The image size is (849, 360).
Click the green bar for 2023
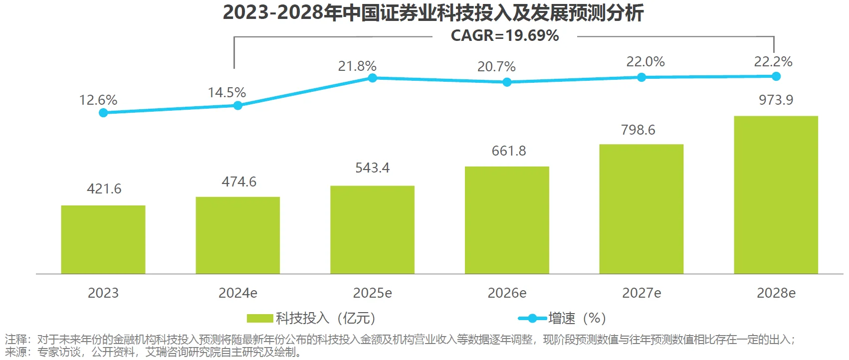(x=103, y=239)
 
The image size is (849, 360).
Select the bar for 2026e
(x=507, y=220)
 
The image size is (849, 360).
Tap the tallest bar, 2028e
(x=776, y=195)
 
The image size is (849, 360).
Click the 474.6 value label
(x=239, y=182)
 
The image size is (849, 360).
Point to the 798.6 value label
(x=638, y=130)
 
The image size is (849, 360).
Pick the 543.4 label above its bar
(x=372, y=168)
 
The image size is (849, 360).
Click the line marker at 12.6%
(x=103, y=113)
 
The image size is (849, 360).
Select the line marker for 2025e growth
(x=373, y=78)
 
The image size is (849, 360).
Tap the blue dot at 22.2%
(x=776, y=76)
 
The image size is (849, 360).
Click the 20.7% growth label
(x=496, y=67)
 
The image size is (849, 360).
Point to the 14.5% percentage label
(x=226, y=93)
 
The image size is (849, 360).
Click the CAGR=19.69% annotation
(x=504, y=36)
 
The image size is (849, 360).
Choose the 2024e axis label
(x=237, y=293)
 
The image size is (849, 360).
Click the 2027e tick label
(x=641, y=293)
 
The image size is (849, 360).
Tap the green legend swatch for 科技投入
(x=260, y=318)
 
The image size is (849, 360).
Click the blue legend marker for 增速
(x=532, y=318)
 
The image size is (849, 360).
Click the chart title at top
(x=433, y=13)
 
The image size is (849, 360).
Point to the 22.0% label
(x=645, y=62)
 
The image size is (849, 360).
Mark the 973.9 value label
(x=776, y=100)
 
